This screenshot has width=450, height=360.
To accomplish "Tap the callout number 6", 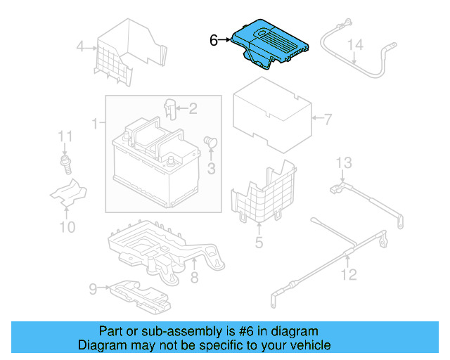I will [x=214, y=41].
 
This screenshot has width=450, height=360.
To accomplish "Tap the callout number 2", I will [x=192, y=108].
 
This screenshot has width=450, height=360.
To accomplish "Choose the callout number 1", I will [x=95, y=124].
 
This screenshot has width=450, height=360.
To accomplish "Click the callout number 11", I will [x=65, y=136].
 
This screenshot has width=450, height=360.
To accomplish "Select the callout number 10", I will [x=67, y=226].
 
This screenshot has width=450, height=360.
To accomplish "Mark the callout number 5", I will [x=259, y=243].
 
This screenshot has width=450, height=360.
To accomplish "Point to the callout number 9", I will [x=93, y=288].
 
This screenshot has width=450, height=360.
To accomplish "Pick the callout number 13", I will [x=342, y=163].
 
